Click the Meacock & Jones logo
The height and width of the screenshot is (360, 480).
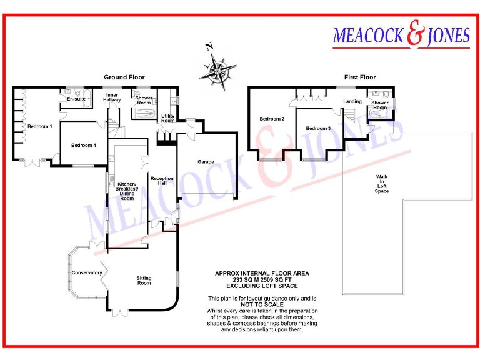click(401, 36)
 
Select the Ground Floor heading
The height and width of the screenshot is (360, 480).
click(124, 77)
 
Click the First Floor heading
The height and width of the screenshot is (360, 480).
click(360, 77)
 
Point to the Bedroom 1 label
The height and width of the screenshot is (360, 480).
click(39, 127)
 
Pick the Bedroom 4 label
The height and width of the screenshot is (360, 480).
click(84, 146)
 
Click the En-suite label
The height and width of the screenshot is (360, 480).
click(76, 99)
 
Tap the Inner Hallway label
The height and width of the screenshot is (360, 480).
click(112, 97)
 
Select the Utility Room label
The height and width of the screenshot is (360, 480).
click(167, 118)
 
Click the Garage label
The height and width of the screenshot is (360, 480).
click(206, 162)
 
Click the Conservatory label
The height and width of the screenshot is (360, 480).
click(87, 273)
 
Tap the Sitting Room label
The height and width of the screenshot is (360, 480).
click(144, 281)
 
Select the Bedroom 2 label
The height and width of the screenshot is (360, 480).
click(272, 119)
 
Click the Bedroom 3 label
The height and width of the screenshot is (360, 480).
click(318, 128)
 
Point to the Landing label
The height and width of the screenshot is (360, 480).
click(352, 101)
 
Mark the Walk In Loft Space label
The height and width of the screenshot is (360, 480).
click(381, 184)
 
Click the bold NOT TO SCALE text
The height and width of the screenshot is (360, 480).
click(262, 304)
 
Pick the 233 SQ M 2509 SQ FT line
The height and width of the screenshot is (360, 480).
click(262, 279)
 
